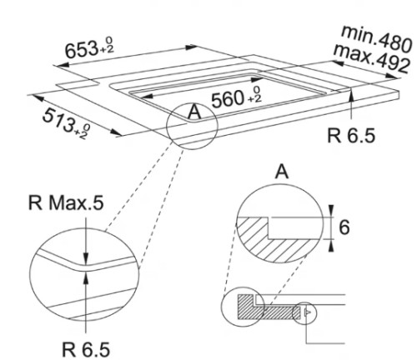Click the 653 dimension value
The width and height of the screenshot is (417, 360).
coord(82,50)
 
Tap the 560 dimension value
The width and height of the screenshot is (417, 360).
coord(228,99)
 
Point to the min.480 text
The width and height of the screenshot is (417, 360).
coord(377,39)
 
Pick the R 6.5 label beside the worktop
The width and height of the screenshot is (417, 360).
coord(351,136)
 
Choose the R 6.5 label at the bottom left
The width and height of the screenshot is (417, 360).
coord(86,349)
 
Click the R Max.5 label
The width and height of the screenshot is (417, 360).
coord(66,202)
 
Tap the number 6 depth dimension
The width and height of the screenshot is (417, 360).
coord(344,227)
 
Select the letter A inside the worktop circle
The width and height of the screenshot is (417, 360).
coord(194,112)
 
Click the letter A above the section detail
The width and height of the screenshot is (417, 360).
coord(282,172)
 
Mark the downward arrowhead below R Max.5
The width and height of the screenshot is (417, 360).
coord(86,258)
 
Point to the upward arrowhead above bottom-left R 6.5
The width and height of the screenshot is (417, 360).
coord(86,277)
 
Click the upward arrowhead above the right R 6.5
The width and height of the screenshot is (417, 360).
coord(351,94)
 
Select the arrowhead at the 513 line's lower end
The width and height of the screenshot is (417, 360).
coord(117,133)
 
